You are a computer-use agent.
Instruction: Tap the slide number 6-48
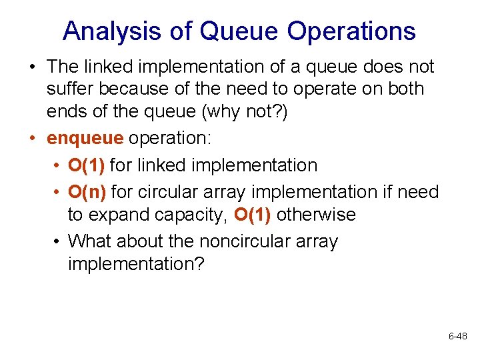point(457,337)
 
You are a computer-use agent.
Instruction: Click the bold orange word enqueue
point(85,138)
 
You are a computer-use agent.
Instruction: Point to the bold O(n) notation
point(88,192)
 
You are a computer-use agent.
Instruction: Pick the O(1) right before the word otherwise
point(253,215)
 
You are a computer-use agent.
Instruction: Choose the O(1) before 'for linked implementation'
point(88,165)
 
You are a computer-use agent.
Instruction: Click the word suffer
point(71,89)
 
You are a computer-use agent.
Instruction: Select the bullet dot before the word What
point(57,241)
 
